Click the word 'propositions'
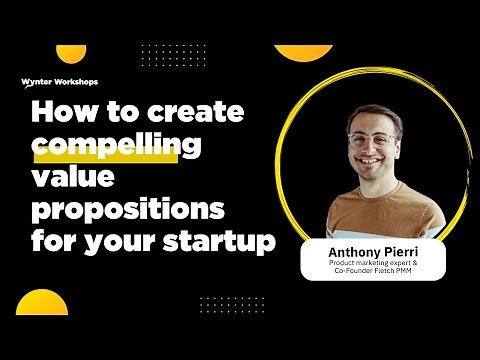(x=128, y=210)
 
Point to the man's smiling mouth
(x=373, y=165)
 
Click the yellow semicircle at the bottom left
(x=42, y=303)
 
